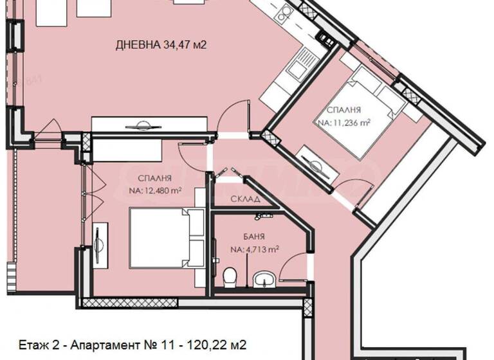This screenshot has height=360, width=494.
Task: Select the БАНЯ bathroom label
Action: pyautogui.click(x=253, y=236)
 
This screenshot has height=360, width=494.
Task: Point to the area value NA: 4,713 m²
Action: pyautogui.click(x=253, y=249)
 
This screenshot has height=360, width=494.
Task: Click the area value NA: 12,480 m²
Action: pyautogui.click(x=154, y=191)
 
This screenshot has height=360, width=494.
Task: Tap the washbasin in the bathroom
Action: pyautogui.click(x=264, y=279)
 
